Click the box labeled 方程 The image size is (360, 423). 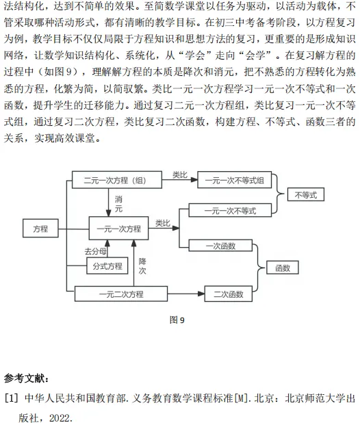[40, 228]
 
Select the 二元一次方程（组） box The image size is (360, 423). [117, 179]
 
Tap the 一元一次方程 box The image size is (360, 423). [118, 228]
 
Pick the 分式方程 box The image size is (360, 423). [107, 266]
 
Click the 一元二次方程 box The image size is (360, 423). [121, 294]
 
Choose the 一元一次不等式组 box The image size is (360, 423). [235, 179]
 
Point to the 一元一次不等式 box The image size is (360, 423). [230, 210]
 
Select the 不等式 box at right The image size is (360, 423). [306, 194]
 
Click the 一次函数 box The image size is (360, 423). [220, 246]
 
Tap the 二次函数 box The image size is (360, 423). [229, 294]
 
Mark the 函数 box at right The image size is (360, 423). [283, 268]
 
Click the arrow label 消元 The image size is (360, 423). [118, 204]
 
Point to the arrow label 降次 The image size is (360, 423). [142, 266]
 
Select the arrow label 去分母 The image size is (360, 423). [95, 251]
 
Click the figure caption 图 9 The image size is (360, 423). [177, 320]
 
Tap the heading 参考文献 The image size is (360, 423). [26, 379]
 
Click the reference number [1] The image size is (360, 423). [12, 398]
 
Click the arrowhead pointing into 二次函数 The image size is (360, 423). [201, 294]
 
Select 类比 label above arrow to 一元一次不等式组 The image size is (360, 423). [180, 175]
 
